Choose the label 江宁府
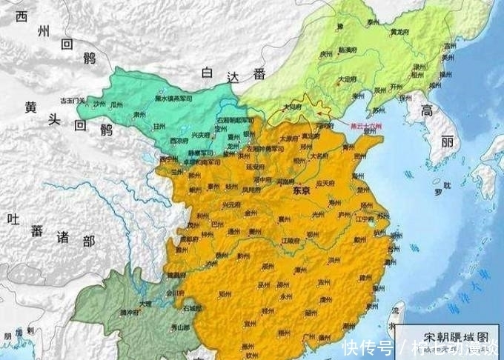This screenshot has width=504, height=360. click(x=364, y=219)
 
